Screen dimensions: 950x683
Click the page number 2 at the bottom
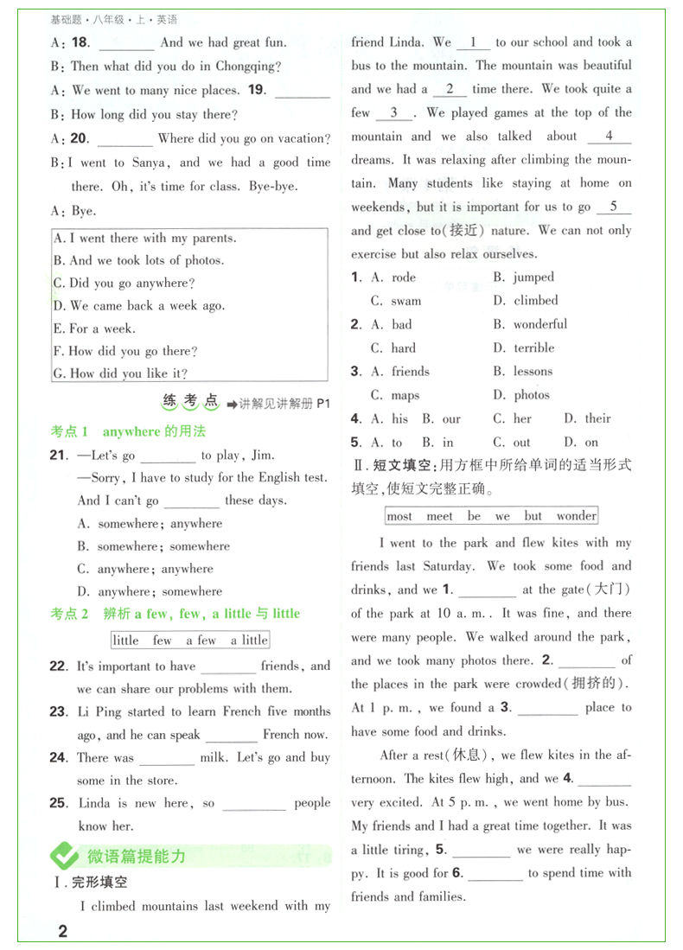click(x=62, y=931)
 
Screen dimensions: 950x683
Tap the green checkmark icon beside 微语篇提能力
click(x=63, y=857)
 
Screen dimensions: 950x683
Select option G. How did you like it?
click(x=120, y=373)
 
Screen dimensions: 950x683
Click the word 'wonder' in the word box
click(x=576, y=516)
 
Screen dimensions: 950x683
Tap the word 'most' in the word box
click(x=399, y=516)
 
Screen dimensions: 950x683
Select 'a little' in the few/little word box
click(x=249, y=641)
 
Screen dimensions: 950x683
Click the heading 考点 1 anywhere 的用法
click(x=129, y=431)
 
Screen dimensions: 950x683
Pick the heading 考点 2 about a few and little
click(x=176, y=614)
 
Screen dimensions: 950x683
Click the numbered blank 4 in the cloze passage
click(x=609, y=137)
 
